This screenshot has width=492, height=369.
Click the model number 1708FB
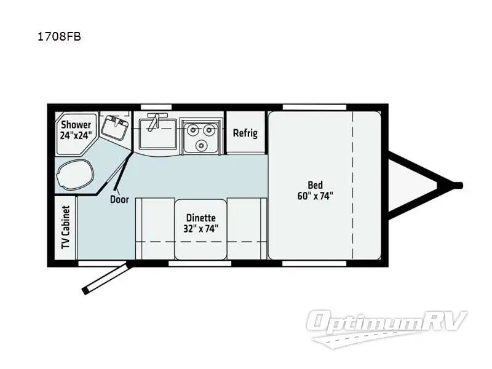click(x=60, y=36)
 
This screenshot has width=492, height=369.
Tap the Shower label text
click(x=76, y=125)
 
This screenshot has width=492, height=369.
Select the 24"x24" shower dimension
click(x=76, y=136)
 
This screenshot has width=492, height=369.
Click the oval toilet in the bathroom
click(x=74, y=172)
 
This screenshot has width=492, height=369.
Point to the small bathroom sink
click(x=115, y=129)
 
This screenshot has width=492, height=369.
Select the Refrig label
click(x=245, y=133)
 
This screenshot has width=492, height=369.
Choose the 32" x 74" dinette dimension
click(x=200, y=229)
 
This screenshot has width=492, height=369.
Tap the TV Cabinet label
click(x=65, y=228)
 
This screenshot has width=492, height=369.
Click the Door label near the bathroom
click(x=119, y=199)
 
